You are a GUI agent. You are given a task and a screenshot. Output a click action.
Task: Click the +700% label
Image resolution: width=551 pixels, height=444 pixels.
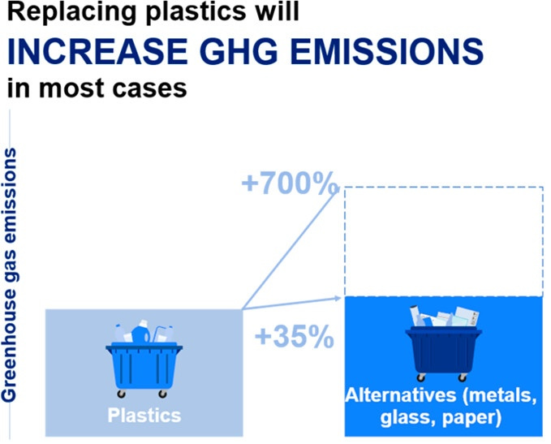pos(288,183)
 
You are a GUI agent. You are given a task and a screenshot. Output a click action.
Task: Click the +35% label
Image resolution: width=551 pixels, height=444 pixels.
pos(294,336)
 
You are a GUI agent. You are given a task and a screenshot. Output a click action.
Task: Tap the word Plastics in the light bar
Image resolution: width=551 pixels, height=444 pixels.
pos(144,415)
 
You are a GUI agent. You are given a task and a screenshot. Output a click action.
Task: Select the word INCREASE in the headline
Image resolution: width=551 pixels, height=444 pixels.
pos(97,51)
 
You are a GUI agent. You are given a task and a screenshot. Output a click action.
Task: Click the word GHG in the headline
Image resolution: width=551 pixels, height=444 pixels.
pos(239,51)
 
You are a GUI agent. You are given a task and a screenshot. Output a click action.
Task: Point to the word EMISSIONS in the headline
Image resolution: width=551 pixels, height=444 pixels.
pos(387,51)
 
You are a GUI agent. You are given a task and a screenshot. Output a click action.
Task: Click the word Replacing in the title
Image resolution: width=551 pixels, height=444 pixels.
pos(71,11)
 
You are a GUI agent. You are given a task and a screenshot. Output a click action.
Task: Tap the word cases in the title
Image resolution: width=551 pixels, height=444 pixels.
pos(149,88)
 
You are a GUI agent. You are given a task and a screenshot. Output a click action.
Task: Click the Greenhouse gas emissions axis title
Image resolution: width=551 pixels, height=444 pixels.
pos(9,275)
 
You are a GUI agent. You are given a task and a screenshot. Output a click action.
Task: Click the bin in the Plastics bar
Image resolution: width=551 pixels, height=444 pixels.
pos(144,359)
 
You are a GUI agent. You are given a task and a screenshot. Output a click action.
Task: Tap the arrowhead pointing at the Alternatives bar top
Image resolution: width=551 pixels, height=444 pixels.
pos(338,299)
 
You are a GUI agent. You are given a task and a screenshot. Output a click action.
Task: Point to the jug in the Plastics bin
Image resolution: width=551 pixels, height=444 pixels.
pos(140,333)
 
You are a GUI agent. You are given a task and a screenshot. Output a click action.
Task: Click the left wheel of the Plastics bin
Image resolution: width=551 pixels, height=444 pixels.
pos(121,394)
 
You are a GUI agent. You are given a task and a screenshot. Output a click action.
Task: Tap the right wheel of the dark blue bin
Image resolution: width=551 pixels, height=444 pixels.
pos(463,378)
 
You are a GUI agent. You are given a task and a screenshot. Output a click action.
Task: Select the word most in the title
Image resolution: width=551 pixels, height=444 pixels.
pos(71,88)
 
